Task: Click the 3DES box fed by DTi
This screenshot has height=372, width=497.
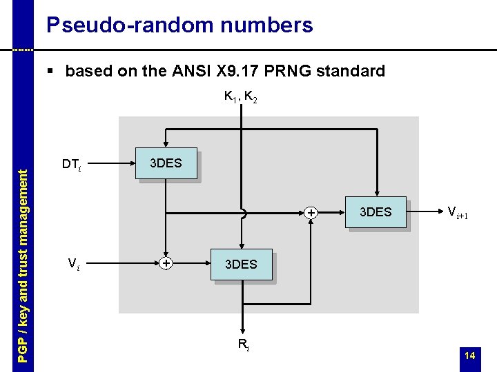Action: pyautogui.click(x=166, y=163)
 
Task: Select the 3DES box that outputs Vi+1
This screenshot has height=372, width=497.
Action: pyautogui.click(x=376, y=212)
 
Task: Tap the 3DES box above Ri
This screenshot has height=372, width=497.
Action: pyautogui.click(x=241, y=265)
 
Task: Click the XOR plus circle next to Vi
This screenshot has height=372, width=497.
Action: pyautogui.click(x=166, y=263)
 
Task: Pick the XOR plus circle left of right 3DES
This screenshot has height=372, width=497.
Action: pyautogui.click(x=311, y=213)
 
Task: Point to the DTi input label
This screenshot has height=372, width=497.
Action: pyautogui.click(x=72, y=165)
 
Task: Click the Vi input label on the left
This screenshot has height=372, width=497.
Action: pyautogui.click(x=73, y=264)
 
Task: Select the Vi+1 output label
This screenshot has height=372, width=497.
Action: pyautogui.click(x=458, y=212)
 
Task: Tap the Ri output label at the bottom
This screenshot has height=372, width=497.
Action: pyautogui.click(x=243, y=344)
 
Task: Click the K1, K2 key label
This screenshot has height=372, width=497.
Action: pyautogui.click(x=241, y=98)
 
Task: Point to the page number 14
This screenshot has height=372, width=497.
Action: pyautogui.click(x=470, y=355)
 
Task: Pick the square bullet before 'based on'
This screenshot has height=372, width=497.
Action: pyautogui.click(x=50, y=70)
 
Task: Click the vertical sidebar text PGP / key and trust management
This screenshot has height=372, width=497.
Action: pyautogui.click(x=23, y=265)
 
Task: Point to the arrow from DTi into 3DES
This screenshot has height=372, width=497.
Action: pyautogui.click(x=114, y=164)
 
